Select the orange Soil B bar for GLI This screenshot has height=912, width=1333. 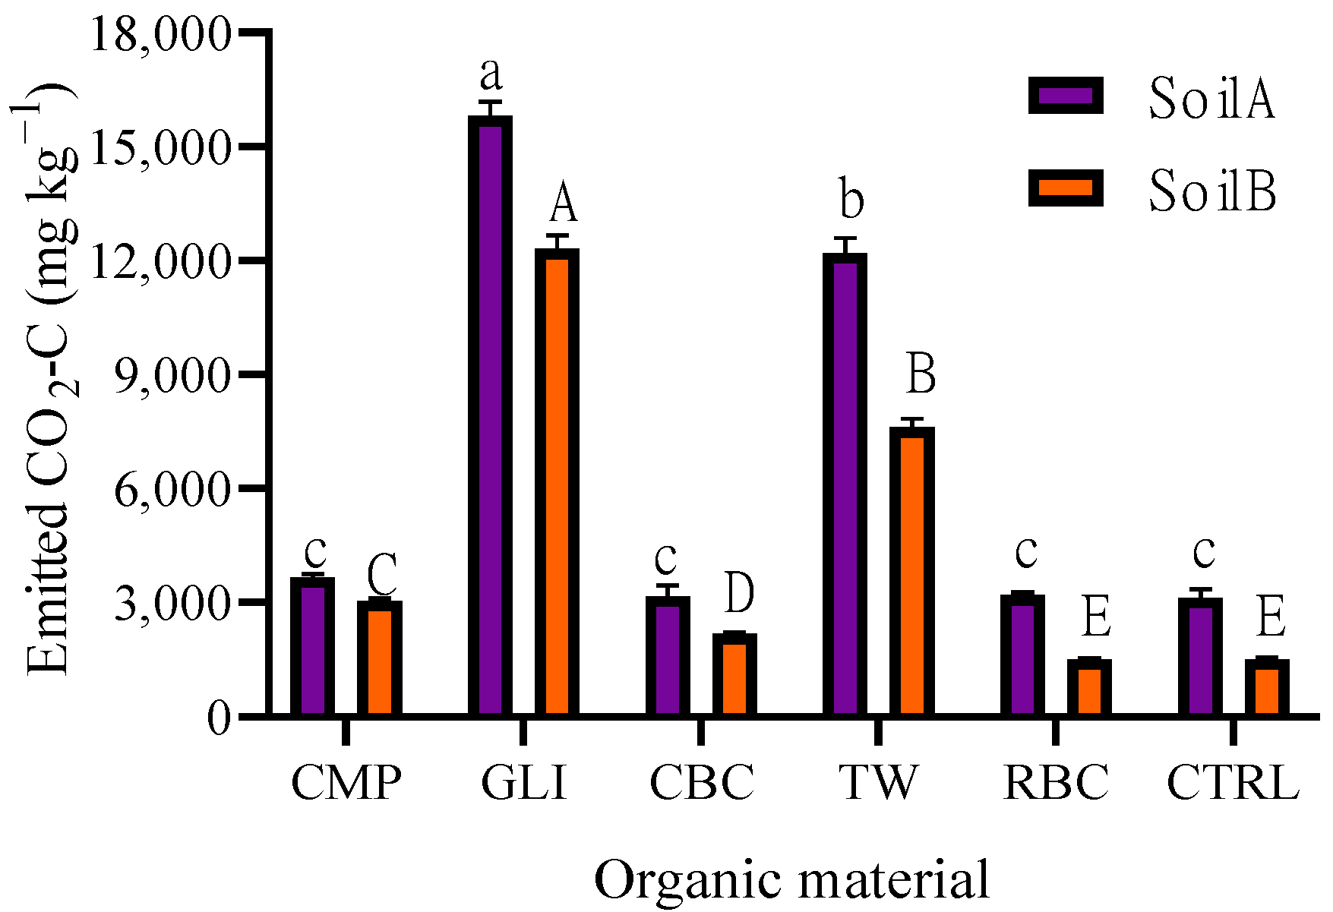557,482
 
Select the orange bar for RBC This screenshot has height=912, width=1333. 1089,687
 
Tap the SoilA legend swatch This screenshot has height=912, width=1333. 1066,96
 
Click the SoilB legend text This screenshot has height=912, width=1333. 1211,191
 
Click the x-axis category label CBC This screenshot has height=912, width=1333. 702,782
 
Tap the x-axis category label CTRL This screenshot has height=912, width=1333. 1232,782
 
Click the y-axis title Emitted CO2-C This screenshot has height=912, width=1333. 49,380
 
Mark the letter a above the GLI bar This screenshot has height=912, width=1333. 491,74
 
